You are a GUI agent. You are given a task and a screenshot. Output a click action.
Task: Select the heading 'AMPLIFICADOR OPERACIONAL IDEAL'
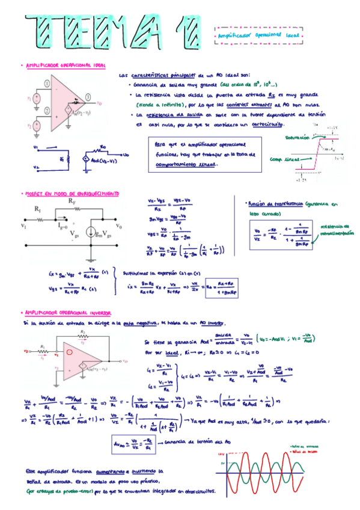point(66,65)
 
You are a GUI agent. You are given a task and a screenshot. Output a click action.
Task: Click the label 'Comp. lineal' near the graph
point(284,159)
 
